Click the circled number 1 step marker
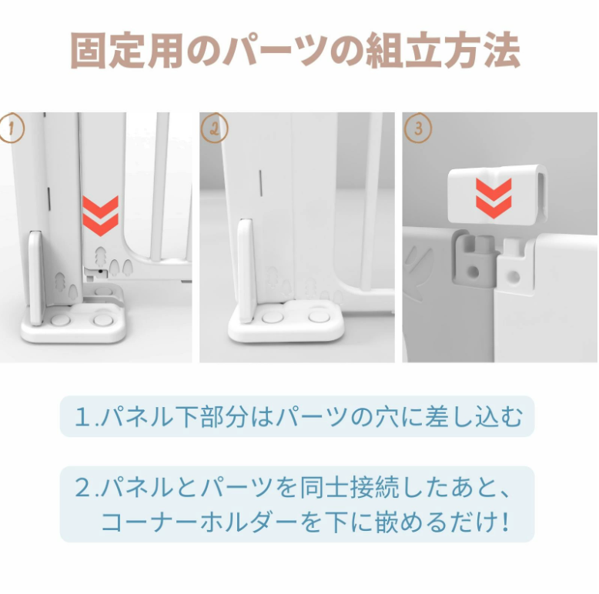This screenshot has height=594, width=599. point(12,128)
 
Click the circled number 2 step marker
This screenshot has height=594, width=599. point(214,128)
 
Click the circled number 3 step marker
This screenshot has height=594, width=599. point(418,128)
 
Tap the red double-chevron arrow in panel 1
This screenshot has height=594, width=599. point(100,216)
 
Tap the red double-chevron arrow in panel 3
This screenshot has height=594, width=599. point(494,199)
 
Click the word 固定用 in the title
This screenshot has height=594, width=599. point(127,51)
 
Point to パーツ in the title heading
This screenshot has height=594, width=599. point(275,51)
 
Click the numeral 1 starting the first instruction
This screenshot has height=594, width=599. point(82,416)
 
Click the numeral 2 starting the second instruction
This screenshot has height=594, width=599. point(82,488)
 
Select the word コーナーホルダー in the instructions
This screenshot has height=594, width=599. point(199,522)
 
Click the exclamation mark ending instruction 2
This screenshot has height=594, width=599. point(505,522)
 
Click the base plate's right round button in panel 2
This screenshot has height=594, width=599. point(318,316)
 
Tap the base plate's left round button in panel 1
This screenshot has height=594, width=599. point(61,319)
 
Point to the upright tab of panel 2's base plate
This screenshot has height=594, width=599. point(246,271)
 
